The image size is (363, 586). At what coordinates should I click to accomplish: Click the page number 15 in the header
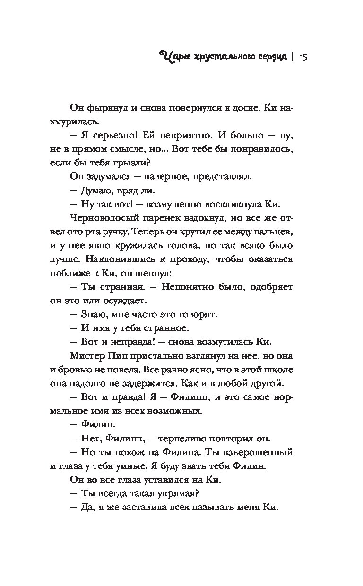(x=304, y=58)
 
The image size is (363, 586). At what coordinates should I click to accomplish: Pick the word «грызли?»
(x=136, y=164)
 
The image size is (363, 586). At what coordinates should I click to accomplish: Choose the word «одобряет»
(x=270, y=287)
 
